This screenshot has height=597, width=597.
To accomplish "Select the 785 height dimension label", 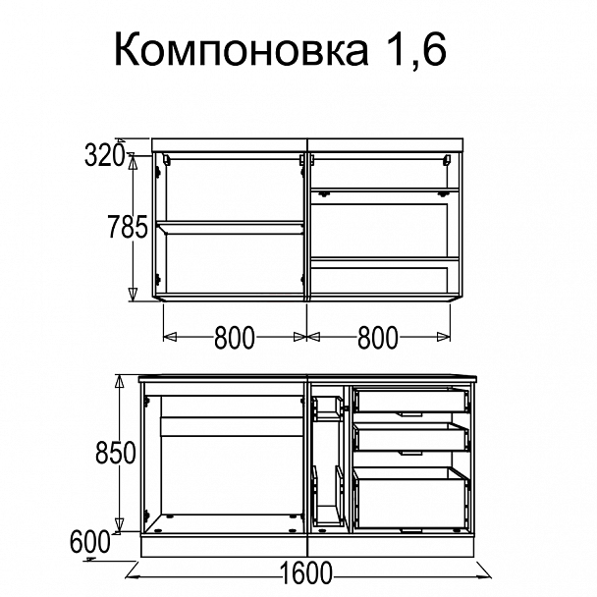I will (127, 229).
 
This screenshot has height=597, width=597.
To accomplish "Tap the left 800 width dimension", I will (234, 338).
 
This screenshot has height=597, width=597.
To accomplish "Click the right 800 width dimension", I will (378, 338).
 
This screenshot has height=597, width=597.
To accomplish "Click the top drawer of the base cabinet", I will (410, 399).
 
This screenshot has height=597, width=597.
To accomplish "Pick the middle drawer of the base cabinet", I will (410, 436).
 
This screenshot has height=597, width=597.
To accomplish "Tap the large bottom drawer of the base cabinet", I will (410, 498).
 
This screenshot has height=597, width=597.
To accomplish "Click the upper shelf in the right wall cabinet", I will (385, 190).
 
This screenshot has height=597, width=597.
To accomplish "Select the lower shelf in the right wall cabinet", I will (385, 260).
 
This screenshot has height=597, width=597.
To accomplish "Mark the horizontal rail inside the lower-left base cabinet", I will (230, 428).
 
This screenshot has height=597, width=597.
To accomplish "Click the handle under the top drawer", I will (410, 415).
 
